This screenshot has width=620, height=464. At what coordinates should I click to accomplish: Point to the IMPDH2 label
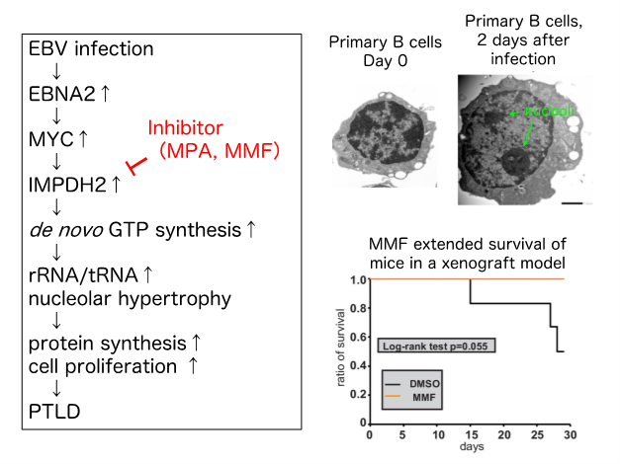68,184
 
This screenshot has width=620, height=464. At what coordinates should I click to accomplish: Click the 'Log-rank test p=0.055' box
436,346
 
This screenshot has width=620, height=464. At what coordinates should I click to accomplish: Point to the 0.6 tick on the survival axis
358,337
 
